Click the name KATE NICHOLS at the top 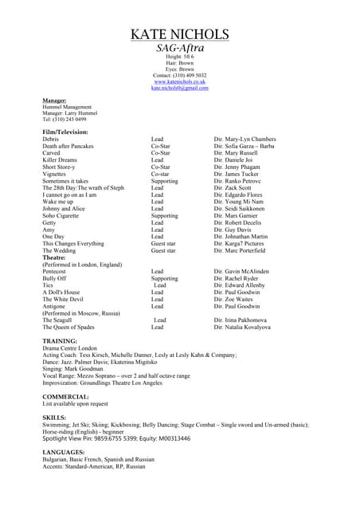pos(179,34)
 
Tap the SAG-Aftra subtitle pos(179,49)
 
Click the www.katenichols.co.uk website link pos(179,81)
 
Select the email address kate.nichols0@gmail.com pos(179,88)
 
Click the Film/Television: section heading pos(65,131)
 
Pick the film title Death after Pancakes pos(68,146)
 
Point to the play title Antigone pos(56,306)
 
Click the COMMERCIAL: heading pos(65,396)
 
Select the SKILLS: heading pos(54,418)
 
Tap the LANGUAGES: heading pos(64,453)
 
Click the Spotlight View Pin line pos(116,438)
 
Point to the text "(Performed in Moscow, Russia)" pos(80,313)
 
